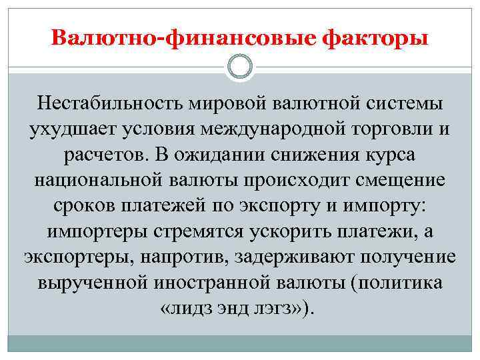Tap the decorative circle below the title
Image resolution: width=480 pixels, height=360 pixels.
240,67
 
